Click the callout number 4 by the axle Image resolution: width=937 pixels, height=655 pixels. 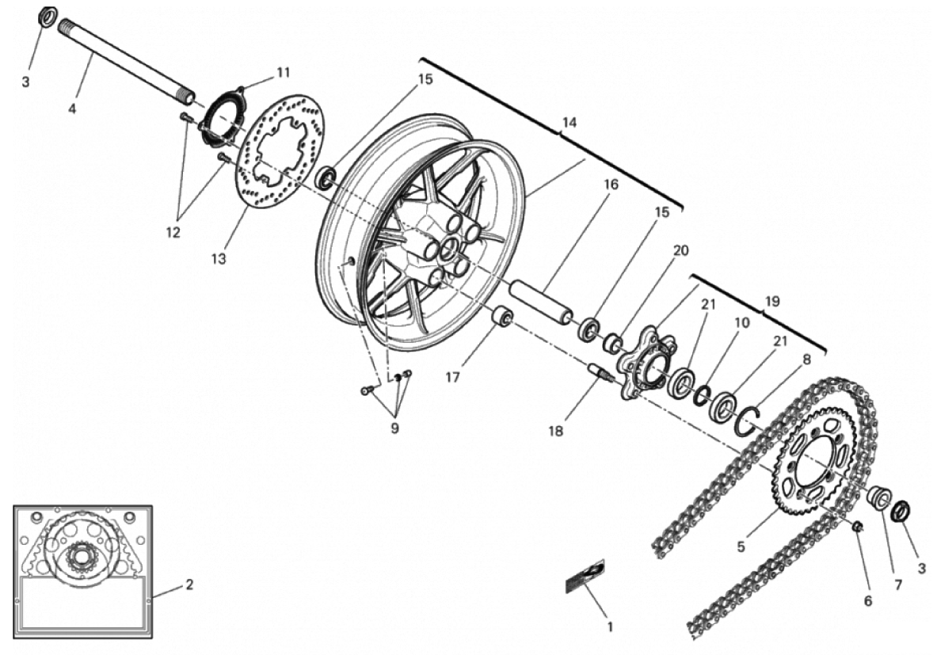(x=72, y=109)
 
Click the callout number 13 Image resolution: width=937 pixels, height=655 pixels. (x=219, y=259)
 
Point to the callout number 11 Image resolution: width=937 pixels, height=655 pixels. (x=284, y=72)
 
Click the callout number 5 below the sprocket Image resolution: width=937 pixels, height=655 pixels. (x=741, y=546)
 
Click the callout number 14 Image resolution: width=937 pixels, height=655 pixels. (x=569, y=123)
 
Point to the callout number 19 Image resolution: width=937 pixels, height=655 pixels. (x=772, y=301)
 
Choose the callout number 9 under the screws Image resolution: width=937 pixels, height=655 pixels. (x=394, y=428)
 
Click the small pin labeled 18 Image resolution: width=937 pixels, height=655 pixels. (x=600, y=371)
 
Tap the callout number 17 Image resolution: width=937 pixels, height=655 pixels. (x=452, y=377)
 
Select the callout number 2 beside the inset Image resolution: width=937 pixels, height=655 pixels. (x=189, y=585)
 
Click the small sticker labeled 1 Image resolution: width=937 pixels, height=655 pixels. (x=585, y=576)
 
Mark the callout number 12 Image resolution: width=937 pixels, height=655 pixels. (x=173, y=233)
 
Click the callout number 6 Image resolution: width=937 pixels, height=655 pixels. (x=867, y=601)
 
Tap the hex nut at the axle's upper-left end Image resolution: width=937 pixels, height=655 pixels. (x=47, y=16)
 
